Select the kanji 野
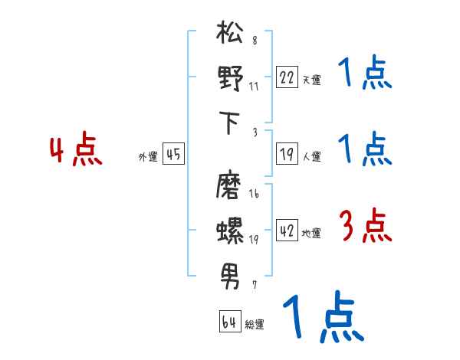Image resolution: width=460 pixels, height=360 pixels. coord(230,80)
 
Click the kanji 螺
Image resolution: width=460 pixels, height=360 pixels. coord(230,230)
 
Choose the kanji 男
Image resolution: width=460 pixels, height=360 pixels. coord(230,273)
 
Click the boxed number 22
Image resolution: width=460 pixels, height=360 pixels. coord(287,77)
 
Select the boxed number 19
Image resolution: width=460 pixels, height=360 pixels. coord(287,155)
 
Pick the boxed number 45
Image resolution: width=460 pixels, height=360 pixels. coord(173,155)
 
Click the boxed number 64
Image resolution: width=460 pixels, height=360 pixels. coord(229,322)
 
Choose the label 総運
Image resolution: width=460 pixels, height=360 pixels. coord(254,324)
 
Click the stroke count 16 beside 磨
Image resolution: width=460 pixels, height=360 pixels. coord(254,195)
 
